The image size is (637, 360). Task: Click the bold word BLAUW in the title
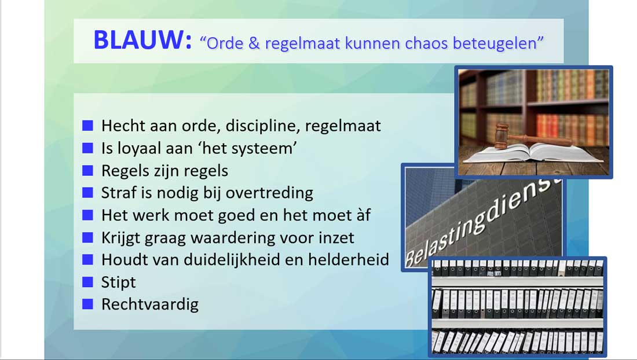coord(142,40)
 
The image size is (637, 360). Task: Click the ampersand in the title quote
coord(254,43)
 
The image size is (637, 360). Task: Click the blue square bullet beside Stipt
coord(88,282)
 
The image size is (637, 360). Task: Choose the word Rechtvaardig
coord(150,304)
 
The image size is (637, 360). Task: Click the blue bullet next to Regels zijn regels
coord(88,171)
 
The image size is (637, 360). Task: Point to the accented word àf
coord(363,215)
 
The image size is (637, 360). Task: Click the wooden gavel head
coord(503,135)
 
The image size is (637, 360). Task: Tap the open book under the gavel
coord(533,153)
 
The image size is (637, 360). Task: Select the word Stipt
coord(119,282)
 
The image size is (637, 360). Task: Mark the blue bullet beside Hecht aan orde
coord(88,126)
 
